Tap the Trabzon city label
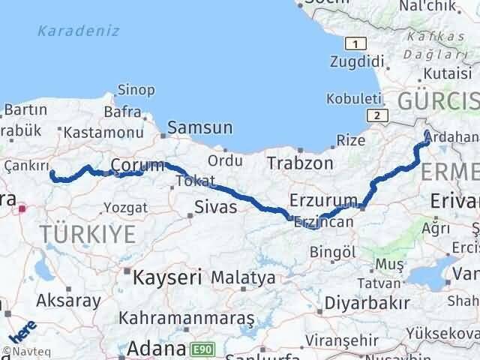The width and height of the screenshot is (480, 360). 299,163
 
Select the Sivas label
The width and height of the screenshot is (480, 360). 215,207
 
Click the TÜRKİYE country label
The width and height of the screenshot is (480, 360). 88,234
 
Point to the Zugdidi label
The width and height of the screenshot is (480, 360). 356,61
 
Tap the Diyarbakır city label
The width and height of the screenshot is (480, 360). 367,303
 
